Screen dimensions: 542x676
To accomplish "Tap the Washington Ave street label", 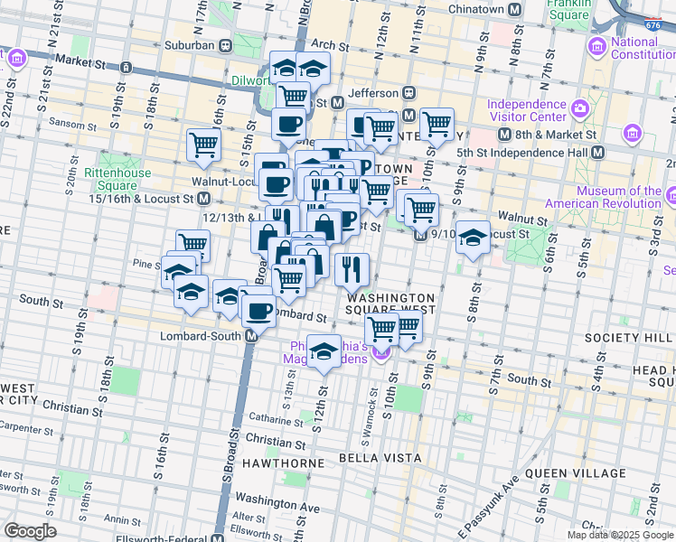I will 277,497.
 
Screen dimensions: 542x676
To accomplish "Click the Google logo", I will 30,531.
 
